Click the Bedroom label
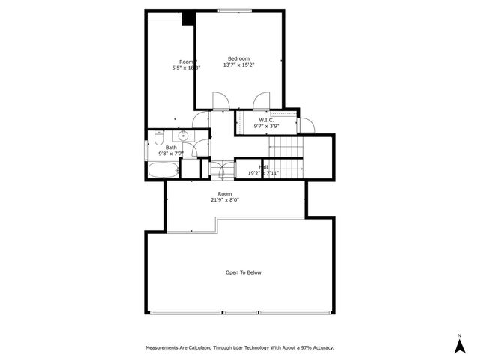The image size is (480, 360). click(x=238, y=58)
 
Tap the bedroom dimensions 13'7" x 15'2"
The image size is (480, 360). click(x=238, y=65)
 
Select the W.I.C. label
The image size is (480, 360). click(x=266, y=120)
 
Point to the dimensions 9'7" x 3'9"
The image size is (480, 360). click(x=266, y=126)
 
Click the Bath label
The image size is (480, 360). click(x=171, y=148)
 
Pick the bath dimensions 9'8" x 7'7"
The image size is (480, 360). click(x=171, y=154)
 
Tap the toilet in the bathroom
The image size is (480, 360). click(x=157, y=139)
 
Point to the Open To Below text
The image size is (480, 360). click(x=244, y=272)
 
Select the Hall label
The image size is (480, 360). click(x=263, y=167)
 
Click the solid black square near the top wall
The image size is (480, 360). click(x=189, y=17)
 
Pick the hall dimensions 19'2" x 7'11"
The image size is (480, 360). click(x=263, y=173)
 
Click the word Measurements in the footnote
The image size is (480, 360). click(x=163, y=347)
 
